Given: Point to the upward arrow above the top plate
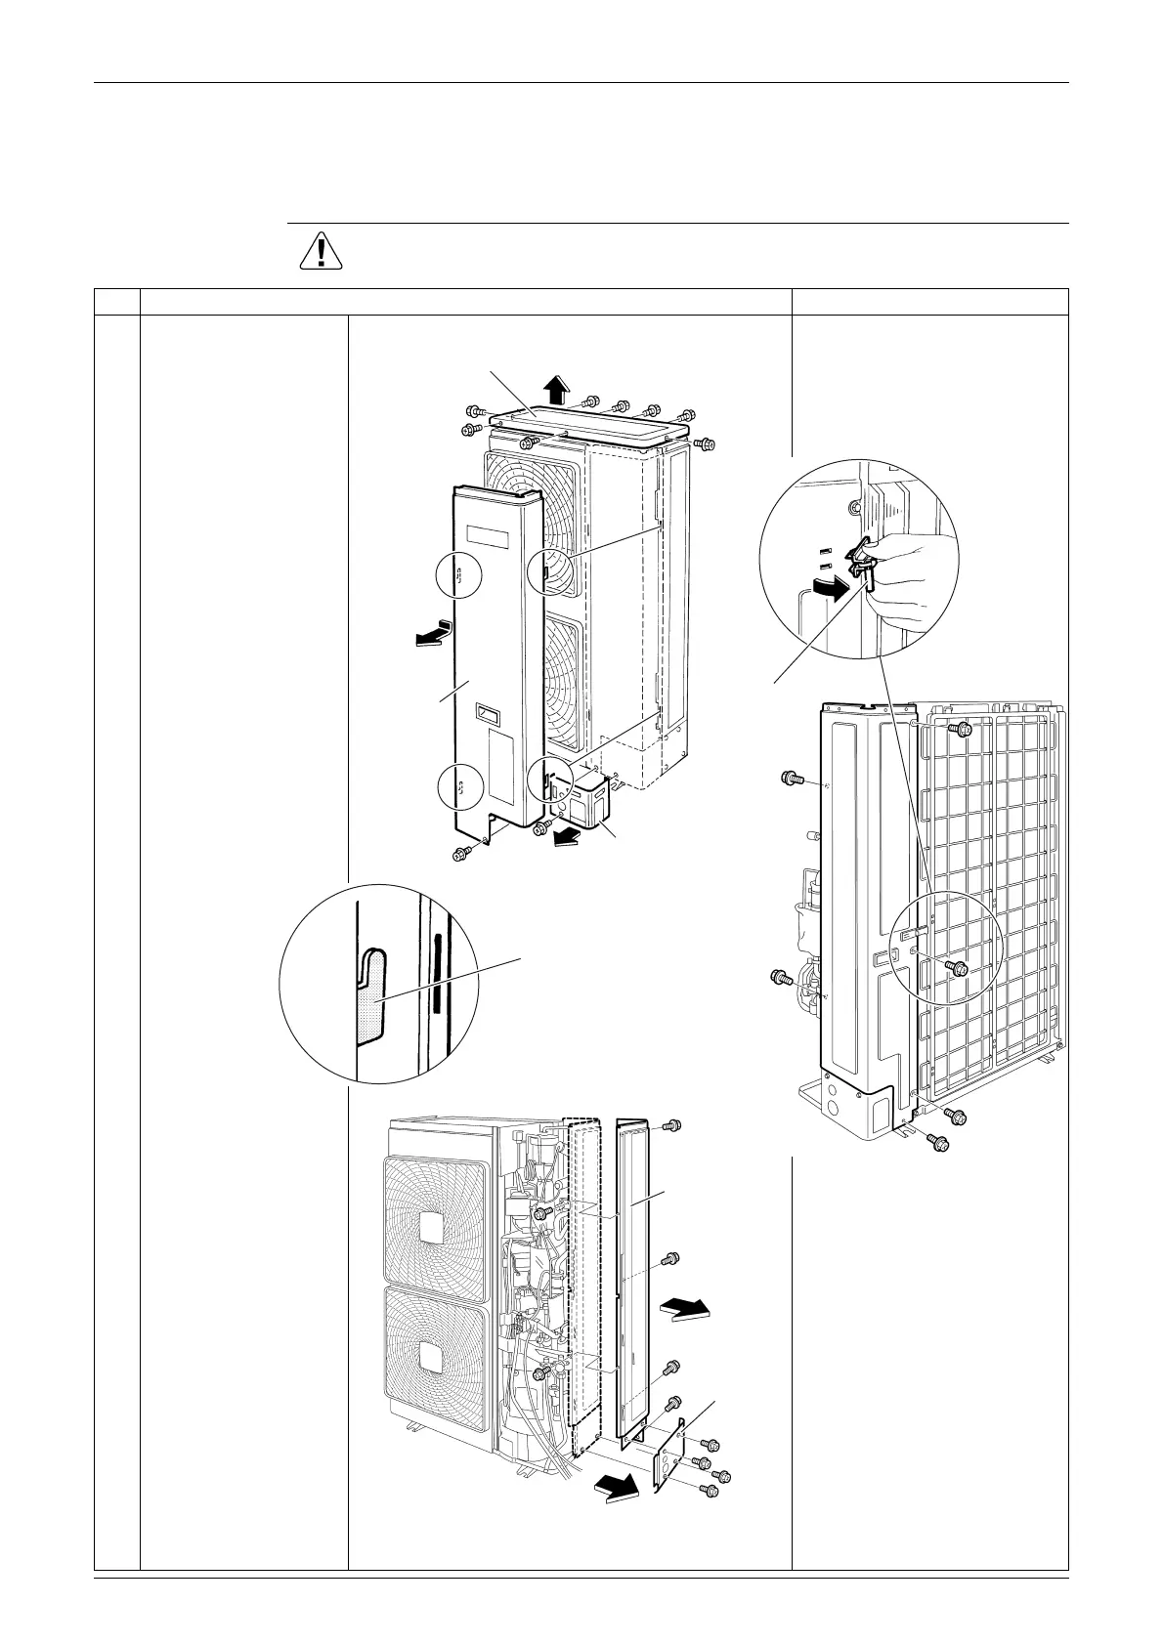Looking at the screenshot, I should tap(556, 390).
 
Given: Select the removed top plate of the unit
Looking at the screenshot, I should tap(586, 426).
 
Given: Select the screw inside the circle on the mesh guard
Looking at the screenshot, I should tap(959, 967).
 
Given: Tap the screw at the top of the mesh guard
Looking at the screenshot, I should tap(964, 729).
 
